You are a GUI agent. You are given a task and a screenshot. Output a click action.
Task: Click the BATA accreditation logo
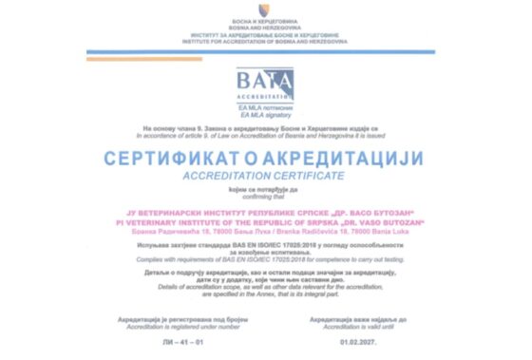(265, 85)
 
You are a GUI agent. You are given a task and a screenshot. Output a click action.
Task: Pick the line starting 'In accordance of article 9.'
(266, 134)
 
